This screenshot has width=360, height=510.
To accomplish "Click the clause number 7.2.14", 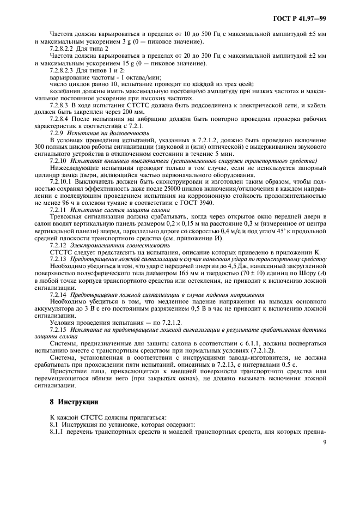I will coord(58,295).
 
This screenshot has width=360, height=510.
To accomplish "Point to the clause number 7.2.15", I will coord(58,330).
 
